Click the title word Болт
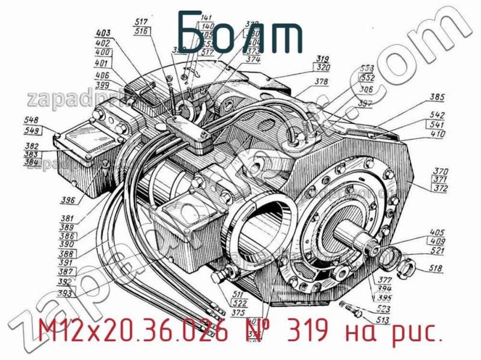click(240, 30)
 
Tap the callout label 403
click(104, 33)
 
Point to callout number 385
click(437, 96)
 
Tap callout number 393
click(66, 294)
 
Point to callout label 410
click(437, 135)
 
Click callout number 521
click(438, 251)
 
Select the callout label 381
click(67, 219)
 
